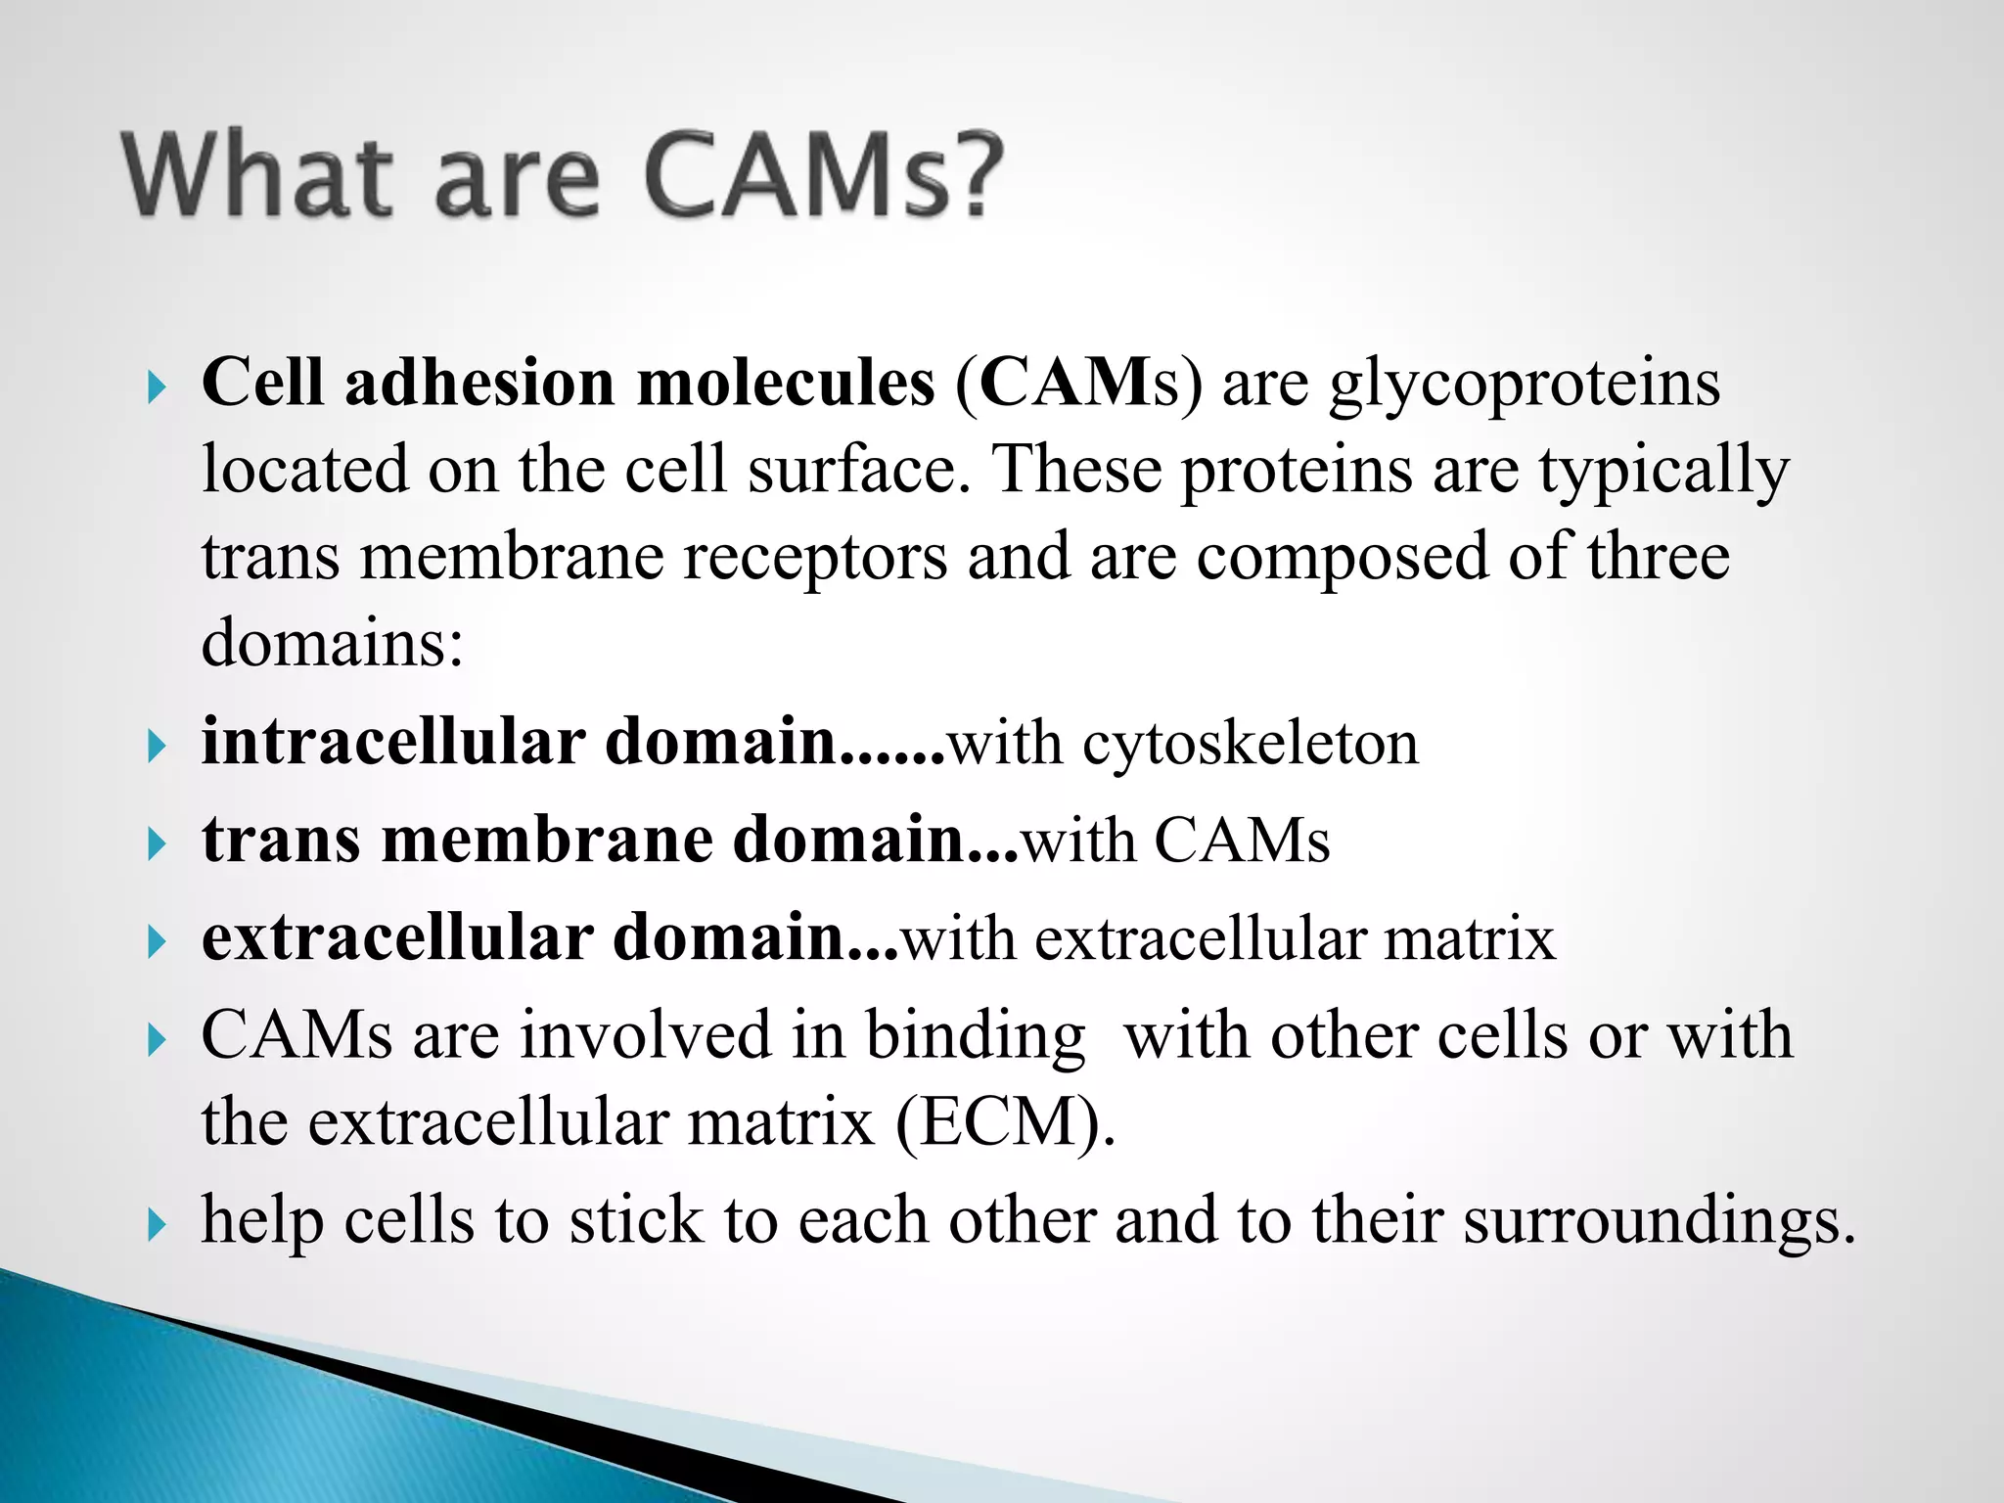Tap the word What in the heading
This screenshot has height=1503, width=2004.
click(257, 176)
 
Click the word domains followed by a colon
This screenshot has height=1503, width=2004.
click(332, 644)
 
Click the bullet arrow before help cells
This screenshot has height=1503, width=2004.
click(157, 1224)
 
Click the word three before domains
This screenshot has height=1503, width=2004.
click(1658, 557)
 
